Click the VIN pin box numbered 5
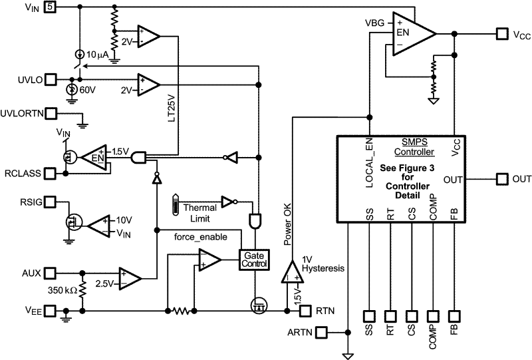(51, 7)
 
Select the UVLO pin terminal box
(51, 81)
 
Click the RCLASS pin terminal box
(51, 173)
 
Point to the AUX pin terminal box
(51, 273)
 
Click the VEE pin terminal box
(51, 311)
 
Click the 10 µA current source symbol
(79, 53)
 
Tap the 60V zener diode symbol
(72, 89)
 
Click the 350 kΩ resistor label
(62, 291)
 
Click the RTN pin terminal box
(305, 311)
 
